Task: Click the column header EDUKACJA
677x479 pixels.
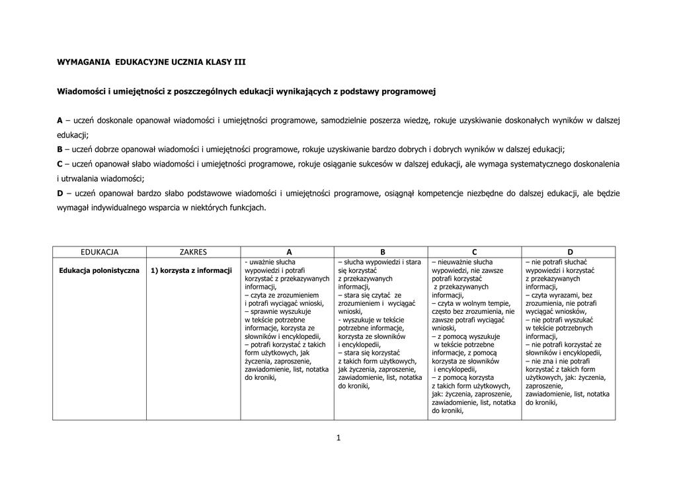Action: [99, 252]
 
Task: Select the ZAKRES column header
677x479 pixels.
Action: [193, 252]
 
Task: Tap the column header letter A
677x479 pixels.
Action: [288, 252]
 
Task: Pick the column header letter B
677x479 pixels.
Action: [382, 252]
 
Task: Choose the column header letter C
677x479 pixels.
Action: [475, 252]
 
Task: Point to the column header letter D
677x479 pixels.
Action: [569, 252]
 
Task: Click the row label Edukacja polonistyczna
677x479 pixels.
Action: [99, 270]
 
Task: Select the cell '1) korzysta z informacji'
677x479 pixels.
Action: [191, 270]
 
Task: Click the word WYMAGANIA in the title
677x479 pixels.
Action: [84, 61]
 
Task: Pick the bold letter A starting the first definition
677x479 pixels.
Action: [60, 120]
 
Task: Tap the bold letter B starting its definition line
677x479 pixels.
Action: [60, 149]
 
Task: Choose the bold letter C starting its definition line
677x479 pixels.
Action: [60, 164]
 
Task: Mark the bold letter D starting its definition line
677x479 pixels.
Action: [60, 193]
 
